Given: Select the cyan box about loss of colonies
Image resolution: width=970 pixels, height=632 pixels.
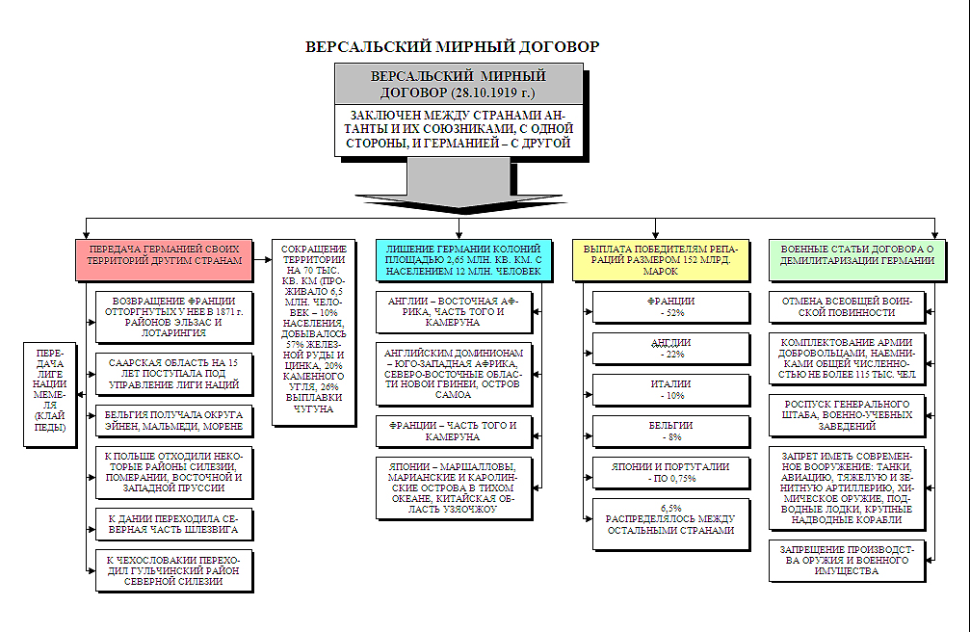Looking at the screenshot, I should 464,260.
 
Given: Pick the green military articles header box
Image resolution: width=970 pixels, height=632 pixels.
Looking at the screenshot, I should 856,254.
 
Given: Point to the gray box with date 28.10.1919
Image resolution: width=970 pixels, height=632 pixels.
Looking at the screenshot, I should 459,84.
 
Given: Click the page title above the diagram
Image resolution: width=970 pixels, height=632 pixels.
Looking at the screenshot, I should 452,46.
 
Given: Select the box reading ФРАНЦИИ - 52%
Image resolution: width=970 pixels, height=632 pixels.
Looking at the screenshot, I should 671,307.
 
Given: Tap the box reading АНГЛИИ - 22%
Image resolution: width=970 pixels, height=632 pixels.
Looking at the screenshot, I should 671,349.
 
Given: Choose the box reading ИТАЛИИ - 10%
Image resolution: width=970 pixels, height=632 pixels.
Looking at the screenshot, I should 671,389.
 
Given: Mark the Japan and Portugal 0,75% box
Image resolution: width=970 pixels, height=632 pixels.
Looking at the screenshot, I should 671,472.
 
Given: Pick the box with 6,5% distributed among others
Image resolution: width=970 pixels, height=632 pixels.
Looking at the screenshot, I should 671,523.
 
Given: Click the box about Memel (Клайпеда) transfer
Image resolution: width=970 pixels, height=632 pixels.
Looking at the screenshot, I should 49,393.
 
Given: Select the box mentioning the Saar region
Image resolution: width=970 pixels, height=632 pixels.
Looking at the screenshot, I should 174,374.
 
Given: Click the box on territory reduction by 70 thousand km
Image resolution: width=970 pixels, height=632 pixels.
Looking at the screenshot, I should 314,329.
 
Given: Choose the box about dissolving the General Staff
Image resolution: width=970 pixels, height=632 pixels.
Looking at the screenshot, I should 847,413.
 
